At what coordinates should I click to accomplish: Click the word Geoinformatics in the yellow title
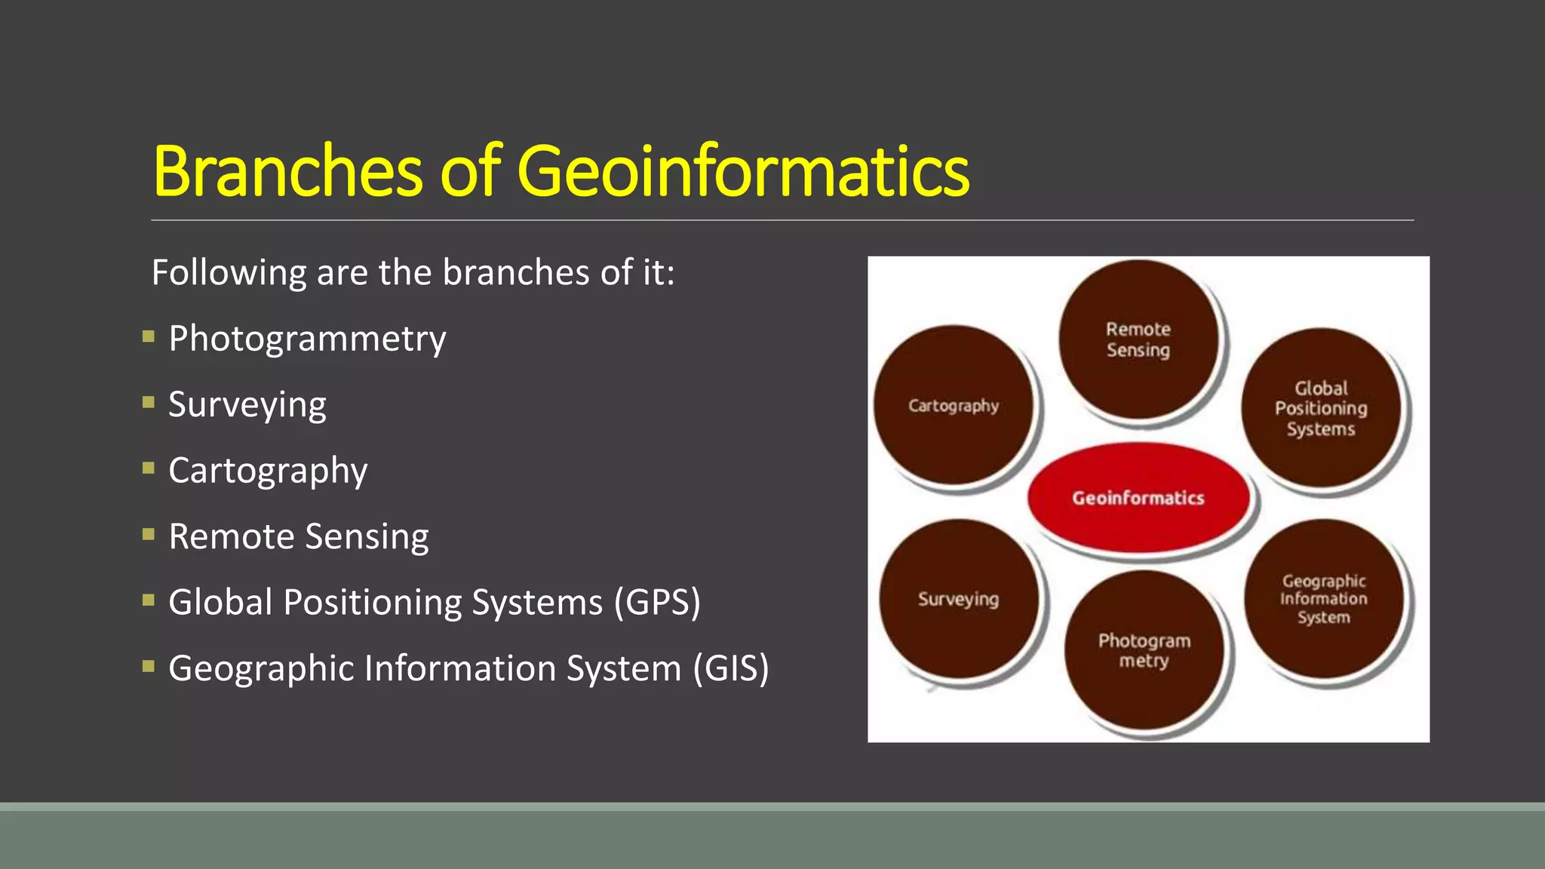[743, 172]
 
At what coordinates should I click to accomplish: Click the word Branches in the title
[287, 172]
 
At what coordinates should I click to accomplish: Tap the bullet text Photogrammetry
[307, 339]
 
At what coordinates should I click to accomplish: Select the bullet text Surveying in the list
[247, 405]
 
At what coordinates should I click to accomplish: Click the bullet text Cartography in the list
[268, 471]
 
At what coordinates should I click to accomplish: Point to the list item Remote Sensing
[299, 537]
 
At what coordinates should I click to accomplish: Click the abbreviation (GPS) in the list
[656, 603]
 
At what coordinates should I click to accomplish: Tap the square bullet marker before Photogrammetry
[149, 336]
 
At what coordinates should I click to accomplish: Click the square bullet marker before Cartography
[149, 468]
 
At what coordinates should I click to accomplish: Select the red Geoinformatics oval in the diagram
[1138, 498]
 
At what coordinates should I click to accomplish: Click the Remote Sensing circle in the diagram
[1138, 339]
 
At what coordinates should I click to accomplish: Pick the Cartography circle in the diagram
[954, 406]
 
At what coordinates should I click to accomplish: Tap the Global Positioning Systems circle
[1321, 408]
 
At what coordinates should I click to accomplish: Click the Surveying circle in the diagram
[959, 599]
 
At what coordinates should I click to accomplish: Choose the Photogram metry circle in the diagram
[1144, 650]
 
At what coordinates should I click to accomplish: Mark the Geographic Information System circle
[1324, 599]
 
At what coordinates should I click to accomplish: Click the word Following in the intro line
[229, 273]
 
